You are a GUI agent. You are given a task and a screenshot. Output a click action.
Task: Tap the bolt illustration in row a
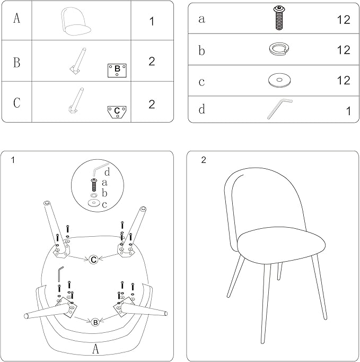[x=279, y=18]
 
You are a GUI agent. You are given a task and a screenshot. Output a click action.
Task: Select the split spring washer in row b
[x=279, y=49]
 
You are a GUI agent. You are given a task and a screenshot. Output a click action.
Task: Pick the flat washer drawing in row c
[x=279, y=80]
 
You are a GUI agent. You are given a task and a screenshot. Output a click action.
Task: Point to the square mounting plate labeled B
[x=117, y=71]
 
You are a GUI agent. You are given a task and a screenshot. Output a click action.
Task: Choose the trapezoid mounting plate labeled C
[x=117, y=112]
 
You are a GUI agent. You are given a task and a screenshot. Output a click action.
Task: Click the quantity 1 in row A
[x=152, y=21]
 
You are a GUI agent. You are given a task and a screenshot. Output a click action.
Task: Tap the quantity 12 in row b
[x=344, y=50]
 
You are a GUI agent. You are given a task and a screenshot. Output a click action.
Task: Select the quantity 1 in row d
[x=348, y=111]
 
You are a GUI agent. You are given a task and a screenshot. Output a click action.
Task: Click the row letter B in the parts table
[x=16, y=62]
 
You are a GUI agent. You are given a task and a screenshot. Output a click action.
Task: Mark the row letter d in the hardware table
[x=202, y=109]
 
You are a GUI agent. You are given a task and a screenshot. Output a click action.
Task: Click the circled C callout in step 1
[x=93, y=260]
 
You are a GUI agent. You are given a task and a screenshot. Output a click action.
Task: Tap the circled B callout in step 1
[x=95, y=322]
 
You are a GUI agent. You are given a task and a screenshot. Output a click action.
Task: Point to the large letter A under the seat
[x=95, y=349]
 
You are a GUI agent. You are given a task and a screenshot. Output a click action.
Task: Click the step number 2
[x=204, y=160]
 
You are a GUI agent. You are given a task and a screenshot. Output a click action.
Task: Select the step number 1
[x=13, y=160]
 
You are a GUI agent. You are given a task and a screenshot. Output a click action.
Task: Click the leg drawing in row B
[x=78, y=61]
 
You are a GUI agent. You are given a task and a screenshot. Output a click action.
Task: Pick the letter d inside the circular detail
[x=107, y=172]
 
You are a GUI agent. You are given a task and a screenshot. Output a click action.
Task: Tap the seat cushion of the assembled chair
[x=282, y=245]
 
